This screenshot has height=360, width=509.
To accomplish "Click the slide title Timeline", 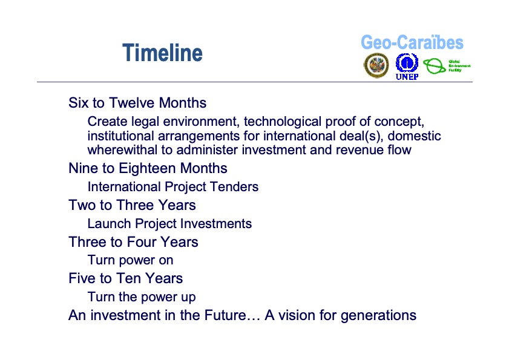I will [162, 53].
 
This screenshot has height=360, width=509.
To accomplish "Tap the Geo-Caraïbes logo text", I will [412, 43].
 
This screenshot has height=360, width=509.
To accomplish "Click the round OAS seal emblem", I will [376, 65].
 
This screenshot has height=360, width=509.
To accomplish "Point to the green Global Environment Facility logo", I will [446, 66].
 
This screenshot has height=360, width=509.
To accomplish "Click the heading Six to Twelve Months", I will [137, 103].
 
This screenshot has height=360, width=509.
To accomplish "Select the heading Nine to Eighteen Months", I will [148, 168].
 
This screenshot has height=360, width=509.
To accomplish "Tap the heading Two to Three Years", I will [132, 205].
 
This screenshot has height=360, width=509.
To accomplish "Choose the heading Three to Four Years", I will [133, 242].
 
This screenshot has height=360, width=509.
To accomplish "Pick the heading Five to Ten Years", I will [125, 278].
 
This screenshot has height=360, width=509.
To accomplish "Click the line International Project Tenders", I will [172, 187].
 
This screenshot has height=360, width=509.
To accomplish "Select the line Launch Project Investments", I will [169, 224].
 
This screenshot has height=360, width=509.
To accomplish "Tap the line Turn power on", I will [130, 261].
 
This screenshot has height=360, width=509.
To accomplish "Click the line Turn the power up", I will [141, 298].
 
